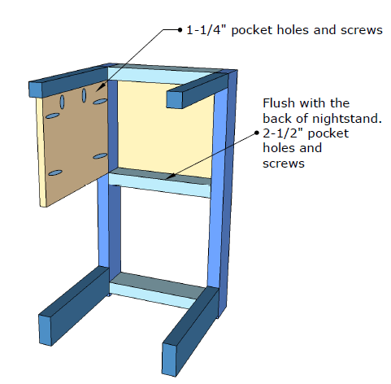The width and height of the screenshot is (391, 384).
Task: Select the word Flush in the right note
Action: click(x=279, y=103)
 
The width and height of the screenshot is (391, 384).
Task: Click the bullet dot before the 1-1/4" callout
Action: click(x=180, y=30)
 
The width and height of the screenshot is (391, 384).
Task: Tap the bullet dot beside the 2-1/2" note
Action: click(x=257, y=133)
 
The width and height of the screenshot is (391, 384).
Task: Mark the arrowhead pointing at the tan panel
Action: click(x=101, y=87)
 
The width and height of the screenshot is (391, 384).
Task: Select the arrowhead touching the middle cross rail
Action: click(x=170, y=177)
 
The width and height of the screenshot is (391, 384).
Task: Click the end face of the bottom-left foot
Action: click(x=46, y=330)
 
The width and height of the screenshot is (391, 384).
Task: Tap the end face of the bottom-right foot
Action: click(x=170, y=360)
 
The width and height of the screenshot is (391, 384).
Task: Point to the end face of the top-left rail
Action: click(x=36, y=89)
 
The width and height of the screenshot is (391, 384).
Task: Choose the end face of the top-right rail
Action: click(x=175, y=99)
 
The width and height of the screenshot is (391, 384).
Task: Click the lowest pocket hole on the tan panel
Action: click(x=55, y=172)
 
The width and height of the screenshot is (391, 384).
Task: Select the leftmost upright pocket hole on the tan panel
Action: click(x=63, y=102)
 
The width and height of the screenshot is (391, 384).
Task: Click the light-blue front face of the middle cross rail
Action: click(x=159, y=185)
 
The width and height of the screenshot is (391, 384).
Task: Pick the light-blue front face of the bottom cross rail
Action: click(x=153, y=295)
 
